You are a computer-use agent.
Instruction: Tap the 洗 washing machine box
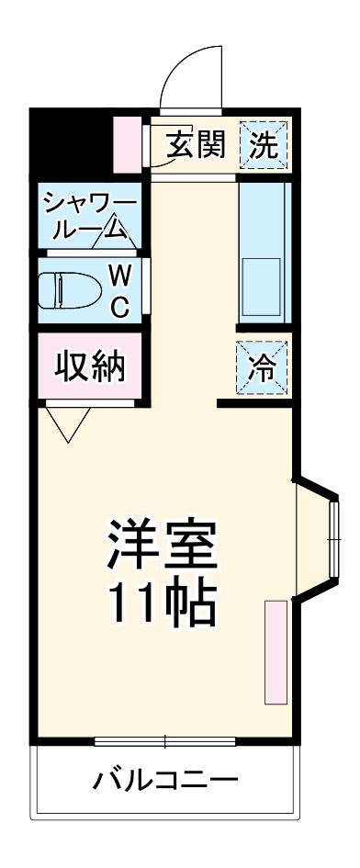(x=264, y=144)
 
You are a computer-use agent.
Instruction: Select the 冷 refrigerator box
(x=263, y=366)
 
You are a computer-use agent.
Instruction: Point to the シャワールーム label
(x=90, y=215)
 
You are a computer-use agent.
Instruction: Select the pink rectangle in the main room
(x=276, y=652)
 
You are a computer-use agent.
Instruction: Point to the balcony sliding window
(x=165, y=739)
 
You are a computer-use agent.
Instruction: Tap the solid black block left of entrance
(x=70, y=142)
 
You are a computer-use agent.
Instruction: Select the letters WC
(x=119, y=290)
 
